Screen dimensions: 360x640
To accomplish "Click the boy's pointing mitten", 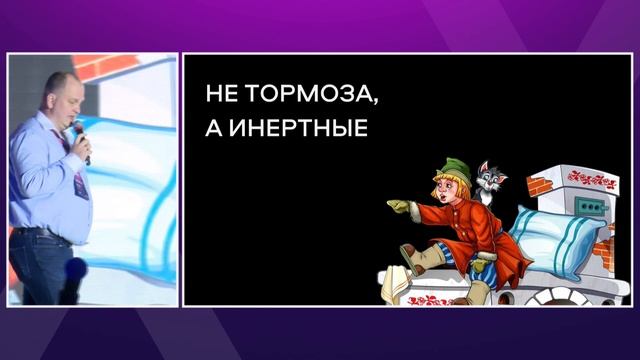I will pyautogui.click(x=399, y=208).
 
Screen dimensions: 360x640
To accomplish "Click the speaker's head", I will pyautogui.click(x=57, y=96).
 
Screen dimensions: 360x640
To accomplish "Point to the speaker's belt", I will pyautogui.click(x=40, y=233).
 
